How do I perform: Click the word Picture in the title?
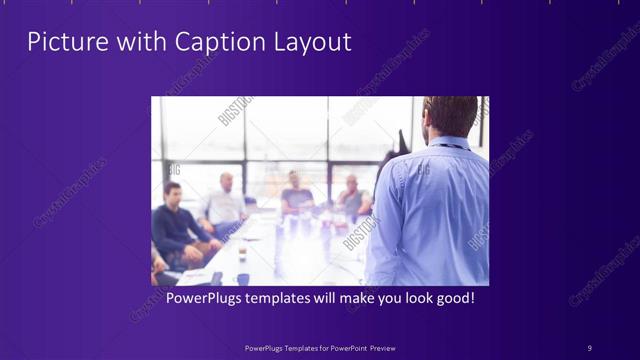pyautogui.click(x=62, y=42)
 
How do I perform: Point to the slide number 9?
pyautogui.click(x=589, y=347)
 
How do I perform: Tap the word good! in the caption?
pyautogui.click(x=452, y=298)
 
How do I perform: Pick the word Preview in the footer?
pyautogui.click(x=383, y=347)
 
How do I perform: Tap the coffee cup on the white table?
pyautogui.click(x=243, y=279)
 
